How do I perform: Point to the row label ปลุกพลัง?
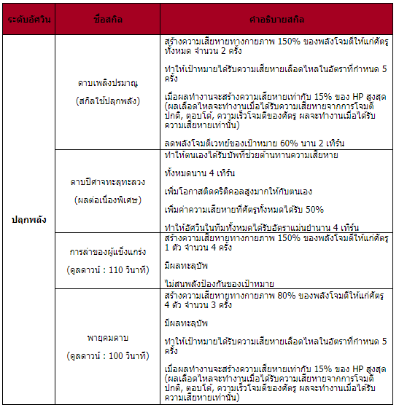point(28,219)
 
